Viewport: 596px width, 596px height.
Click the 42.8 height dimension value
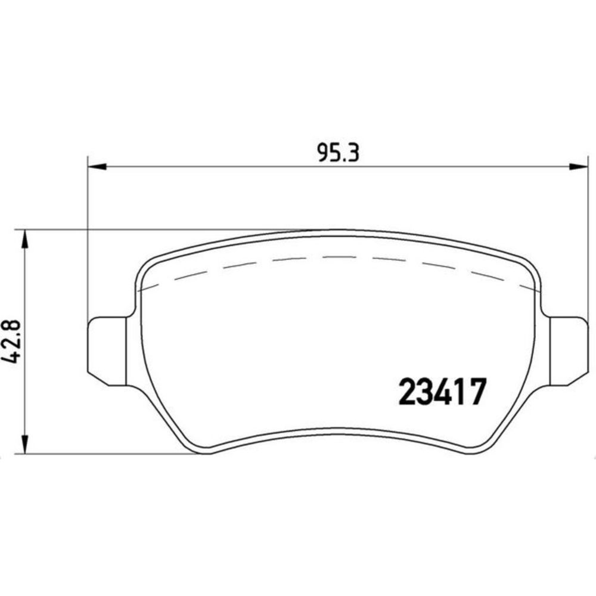pos(11,342)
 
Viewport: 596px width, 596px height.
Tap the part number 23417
pos(442,392)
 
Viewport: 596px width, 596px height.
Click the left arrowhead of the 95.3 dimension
pos(97,166)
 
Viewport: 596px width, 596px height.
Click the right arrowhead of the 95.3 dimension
pos(579,166)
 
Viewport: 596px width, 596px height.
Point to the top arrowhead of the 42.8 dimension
pos(25,239)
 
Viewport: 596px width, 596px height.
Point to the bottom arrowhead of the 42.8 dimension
pos(25,445)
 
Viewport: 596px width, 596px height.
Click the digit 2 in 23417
pos(407,392)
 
